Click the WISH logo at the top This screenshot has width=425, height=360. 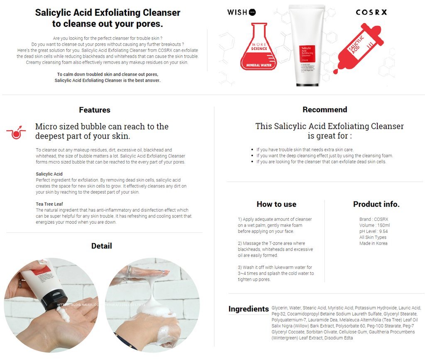tap(241, 12)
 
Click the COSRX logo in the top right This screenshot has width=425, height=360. tap(371, 12)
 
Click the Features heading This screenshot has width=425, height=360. tap(95, 110)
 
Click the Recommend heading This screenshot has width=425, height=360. tap(325, 110)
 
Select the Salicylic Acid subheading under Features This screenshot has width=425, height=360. tap(49, 174)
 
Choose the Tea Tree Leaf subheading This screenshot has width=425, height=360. tap(49, 204)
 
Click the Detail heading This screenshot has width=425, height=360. tap(101, 246)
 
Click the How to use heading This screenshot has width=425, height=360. tap(276, 204)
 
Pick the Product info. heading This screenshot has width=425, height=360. tap(376, 204)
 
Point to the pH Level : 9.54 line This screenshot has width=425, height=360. tap(374, 231)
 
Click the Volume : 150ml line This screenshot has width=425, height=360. tap(374, 225)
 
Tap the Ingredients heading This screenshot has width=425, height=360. tap(249, 309)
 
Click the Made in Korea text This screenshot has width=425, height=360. tap(373, 243)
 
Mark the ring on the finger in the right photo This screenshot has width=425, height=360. tap(129, 271)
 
